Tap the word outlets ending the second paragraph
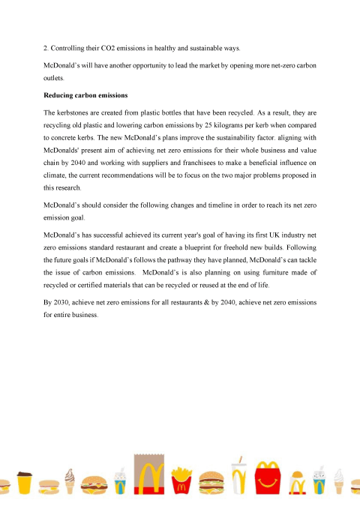(x=55, y=78)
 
